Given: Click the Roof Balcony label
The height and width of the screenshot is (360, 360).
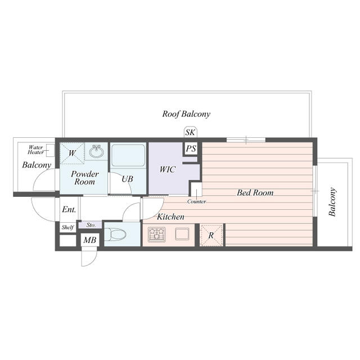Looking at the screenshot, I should click(x=186, y=114).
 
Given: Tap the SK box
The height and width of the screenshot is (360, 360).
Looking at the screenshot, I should click(x=190, y=133).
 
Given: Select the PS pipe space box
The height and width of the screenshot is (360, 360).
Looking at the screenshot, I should click(x=191, y=149).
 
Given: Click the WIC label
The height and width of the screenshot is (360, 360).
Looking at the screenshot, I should click(x=168, y=169).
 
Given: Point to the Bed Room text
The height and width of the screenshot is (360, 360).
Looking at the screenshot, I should click(x=255, y=193).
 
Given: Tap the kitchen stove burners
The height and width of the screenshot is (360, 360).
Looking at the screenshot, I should click(x=156, y=234).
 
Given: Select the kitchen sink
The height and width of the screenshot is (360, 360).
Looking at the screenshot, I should click(x=182, y=234).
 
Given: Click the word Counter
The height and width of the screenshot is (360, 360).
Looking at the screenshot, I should click(x=196, y=201).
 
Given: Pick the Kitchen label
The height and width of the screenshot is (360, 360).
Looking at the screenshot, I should click(x=170, y=217).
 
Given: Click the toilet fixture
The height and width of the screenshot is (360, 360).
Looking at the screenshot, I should click(x=115, y=234).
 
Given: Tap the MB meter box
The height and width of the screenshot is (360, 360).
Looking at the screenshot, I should click(x=89, y=241).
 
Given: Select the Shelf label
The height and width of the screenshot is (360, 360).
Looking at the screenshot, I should click(x=67, y=228).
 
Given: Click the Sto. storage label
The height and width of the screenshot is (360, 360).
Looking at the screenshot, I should click(x=91, y=225).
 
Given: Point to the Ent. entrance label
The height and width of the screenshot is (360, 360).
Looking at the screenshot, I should click(x=69, y=209).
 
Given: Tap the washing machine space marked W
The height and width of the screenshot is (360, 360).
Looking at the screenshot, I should click(x=73, y=152).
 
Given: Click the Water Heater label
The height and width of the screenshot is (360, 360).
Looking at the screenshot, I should click(x=36, y=150).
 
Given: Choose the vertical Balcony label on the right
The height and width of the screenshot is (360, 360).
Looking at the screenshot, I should click(x=332, y=202).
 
